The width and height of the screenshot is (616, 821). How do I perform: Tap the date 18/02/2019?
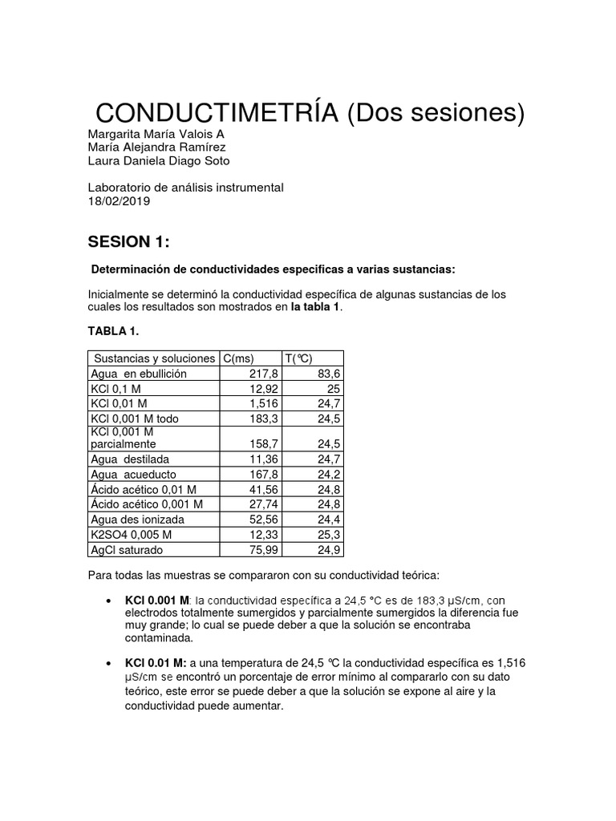[x=118, y=201]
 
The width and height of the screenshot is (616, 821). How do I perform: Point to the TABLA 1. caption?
[x=117, y=330]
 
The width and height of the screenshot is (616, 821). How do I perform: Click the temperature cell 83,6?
[x=329, y=374]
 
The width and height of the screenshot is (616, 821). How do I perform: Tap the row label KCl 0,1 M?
[x=117, y=389]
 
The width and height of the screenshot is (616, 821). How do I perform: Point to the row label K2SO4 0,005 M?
[x=133, y=535]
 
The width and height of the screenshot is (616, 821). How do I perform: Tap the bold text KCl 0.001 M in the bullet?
[x=157, y=600]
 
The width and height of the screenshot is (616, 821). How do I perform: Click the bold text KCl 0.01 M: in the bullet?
[x=156, y=662]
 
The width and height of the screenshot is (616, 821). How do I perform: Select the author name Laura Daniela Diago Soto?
[x=158, y=161]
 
